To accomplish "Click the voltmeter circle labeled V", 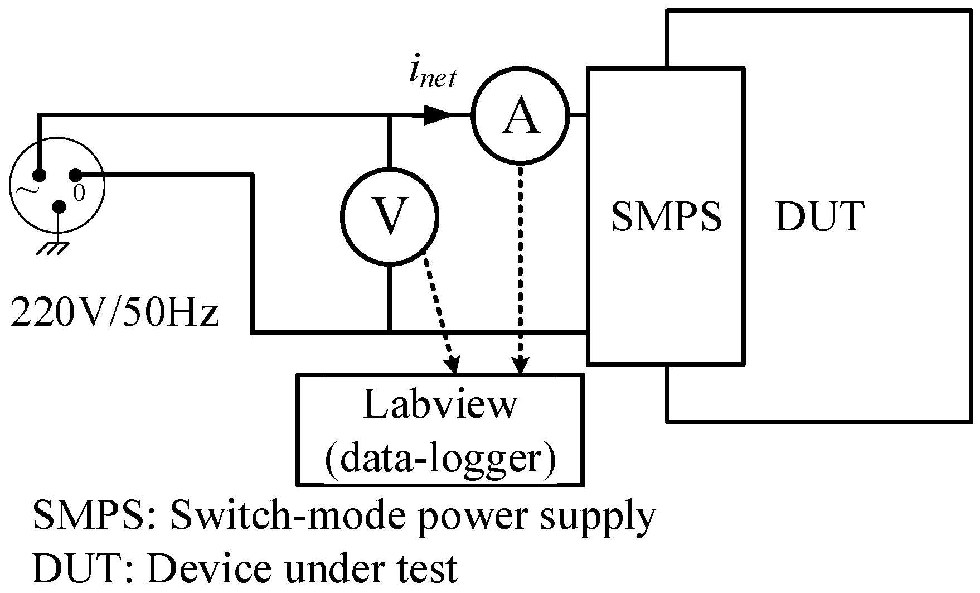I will click(x=390, y=216).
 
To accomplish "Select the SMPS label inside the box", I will click(x=666, y=216).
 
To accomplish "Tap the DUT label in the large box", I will click(x=819, y=216).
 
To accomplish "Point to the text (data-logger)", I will click(x=440, y=459).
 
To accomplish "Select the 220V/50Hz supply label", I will click(x=114, y=313).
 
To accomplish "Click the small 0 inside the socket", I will click(x=79, y=193).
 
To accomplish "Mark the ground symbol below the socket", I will click(x=53, y=247).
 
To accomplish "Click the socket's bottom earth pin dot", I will click(x=59, y=208).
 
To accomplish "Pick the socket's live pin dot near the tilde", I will click(x=38, y=175).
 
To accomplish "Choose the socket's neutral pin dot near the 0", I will click(x=75, y=175).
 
